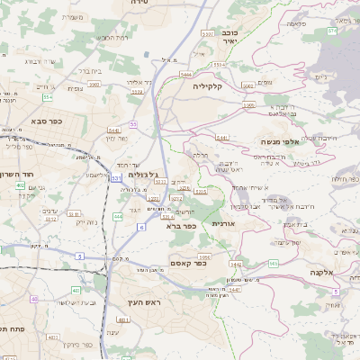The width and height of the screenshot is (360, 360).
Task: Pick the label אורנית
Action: coord(222,222)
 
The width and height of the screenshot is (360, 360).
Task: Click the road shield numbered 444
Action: coord(118,216)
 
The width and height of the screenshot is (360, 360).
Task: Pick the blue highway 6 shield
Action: coord(140,227)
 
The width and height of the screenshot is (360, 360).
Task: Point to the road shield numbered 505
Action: coord(273,263)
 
